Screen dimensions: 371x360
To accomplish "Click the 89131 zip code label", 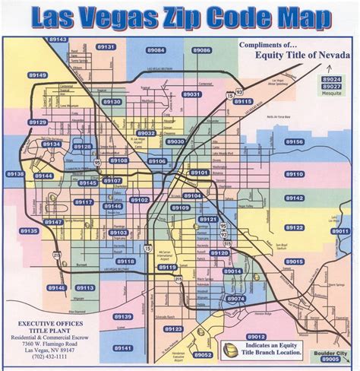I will [106, 47].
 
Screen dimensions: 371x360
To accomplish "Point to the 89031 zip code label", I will [191, 94].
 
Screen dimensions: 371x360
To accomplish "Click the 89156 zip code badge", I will [295, 142].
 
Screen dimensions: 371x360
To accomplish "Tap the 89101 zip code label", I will [199, 173].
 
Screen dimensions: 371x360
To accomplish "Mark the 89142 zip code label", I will [295, 198].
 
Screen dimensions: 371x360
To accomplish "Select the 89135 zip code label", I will [29, 231].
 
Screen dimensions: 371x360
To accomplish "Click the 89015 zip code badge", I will [295, 262].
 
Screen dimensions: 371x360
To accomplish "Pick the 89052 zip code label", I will [202, 354].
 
